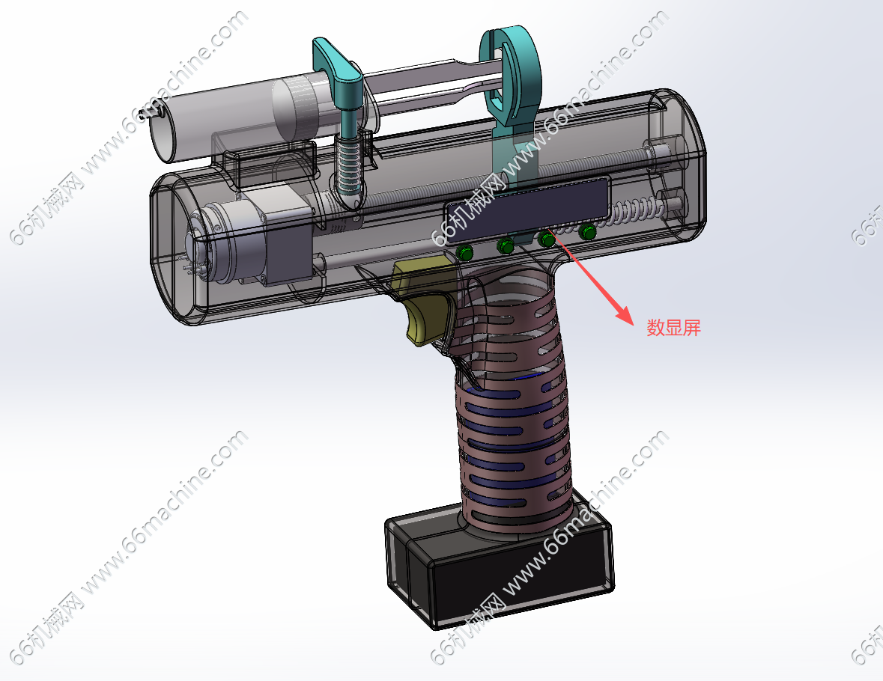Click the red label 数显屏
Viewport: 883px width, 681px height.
673,328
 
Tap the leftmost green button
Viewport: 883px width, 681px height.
466,253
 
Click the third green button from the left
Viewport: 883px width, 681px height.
547,239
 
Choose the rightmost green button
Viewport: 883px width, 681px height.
589,231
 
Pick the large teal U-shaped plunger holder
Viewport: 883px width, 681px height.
514,75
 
